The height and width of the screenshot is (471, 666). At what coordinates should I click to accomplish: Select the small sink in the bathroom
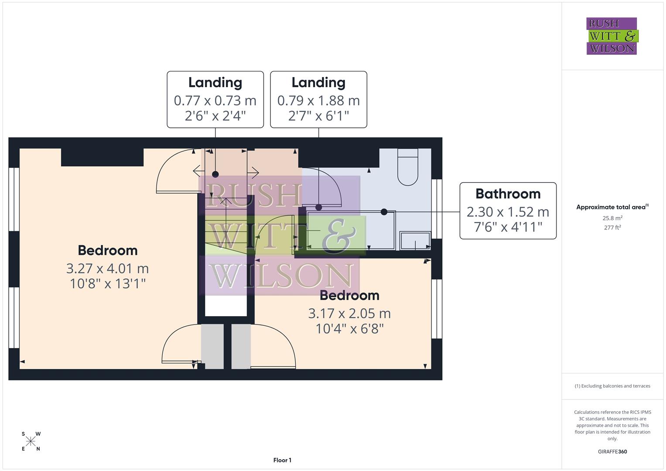(415, 241)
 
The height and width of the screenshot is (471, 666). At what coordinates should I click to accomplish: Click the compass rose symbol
(31, 441)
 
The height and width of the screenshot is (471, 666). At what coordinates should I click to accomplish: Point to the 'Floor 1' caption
(282, 460)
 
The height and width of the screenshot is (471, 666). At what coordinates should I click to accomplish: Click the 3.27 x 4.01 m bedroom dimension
(107, 268)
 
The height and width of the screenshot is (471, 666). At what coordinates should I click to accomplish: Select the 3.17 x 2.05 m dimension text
(349, 313)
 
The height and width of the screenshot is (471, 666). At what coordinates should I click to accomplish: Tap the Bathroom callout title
(508, 194)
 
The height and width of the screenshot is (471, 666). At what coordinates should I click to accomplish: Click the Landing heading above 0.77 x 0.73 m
(215, 82)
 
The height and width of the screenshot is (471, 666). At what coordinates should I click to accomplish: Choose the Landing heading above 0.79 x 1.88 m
(318, 82)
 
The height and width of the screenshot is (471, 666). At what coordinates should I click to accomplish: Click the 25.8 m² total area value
(612, 218)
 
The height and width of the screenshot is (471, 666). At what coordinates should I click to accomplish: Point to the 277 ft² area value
(612, 227)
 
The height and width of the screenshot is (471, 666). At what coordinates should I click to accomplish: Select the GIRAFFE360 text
(612, 451)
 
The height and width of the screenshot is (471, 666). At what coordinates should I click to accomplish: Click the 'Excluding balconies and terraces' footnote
(612, 386)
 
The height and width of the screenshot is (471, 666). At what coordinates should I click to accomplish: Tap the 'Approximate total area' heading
(611, 207)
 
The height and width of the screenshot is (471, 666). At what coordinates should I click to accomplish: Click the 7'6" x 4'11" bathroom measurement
(508, 227)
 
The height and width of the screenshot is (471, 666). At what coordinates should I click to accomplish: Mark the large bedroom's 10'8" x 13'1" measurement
(107, 283)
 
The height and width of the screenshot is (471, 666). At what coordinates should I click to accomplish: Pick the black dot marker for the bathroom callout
(384, 212)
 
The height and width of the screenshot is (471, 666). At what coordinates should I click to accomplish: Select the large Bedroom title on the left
(107, 250)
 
